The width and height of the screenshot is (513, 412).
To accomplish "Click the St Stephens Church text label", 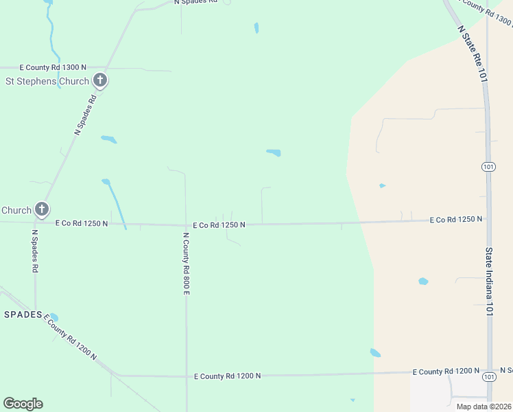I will click(x=47, y=81).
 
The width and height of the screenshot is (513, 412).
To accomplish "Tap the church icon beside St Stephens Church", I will click(x=100, y=81).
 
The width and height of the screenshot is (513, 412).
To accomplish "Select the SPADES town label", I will click(x=24, y=314).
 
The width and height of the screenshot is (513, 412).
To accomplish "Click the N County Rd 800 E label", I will click(x=186, y=264).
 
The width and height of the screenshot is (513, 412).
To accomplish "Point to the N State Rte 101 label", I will click(x=472, y=55).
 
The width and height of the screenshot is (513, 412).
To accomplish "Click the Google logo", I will click(x=23, y=404).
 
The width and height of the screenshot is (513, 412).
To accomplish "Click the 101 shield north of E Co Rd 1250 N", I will click(x=488, y=167).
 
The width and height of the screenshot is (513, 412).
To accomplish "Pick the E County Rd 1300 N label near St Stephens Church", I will click(x=53, y=67).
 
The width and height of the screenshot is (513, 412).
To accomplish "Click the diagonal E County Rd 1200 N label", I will click(x=71, y=337).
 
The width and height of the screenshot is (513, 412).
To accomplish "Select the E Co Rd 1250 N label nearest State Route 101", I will click(x=456, y=220).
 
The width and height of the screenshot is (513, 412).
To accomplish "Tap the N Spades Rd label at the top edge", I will click(x=195, y=2).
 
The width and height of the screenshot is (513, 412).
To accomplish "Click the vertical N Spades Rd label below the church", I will click(x=35, y=251).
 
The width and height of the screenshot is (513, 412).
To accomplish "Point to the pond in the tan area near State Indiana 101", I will click(x=423, y=282).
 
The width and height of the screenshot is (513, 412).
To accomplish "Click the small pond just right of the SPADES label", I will click(x=53, y=317).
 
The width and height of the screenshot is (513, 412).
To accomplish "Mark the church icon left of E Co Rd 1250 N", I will click(x=42, y=209).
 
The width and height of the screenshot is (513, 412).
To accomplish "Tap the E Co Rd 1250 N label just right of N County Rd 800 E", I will click(x=219, y=225).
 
